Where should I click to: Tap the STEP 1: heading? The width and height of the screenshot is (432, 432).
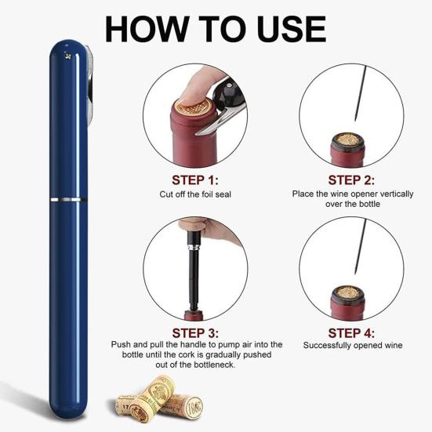pyautogui.click(x=195, y=180)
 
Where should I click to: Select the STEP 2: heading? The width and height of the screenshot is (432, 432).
pyautogui.click(x=351, y=180)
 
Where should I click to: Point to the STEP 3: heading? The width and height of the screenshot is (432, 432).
pyautogui.click(x=195, y=333)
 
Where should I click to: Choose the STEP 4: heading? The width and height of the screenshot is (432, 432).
pyautogui.click(x=351, y=333)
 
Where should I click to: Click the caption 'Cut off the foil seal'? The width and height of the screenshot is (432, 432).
pyautogui.click(x=195, y=194)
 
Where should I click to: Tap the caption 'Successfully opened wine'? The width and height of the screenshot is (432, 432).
pyautogui.click(x=353, y=345)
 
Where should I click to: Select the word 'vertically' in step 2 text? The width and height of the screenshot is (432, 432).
pyautogui.click(x=397, y=194)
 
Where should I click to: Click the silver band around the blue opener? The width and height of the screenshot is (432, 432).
pyautogui.click(x=68, y=199)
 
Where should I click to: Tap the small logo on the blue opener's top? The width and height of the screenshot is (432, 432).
pyautogui.click(x=67, y=56)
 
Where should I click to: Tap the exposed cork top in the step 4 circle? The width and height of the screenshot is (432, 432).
pyautogui.click(x=348, y=293)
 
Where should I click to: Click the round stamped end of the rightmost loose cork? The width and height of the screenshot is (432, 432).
pyautogui.click(x=194, y=406)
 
